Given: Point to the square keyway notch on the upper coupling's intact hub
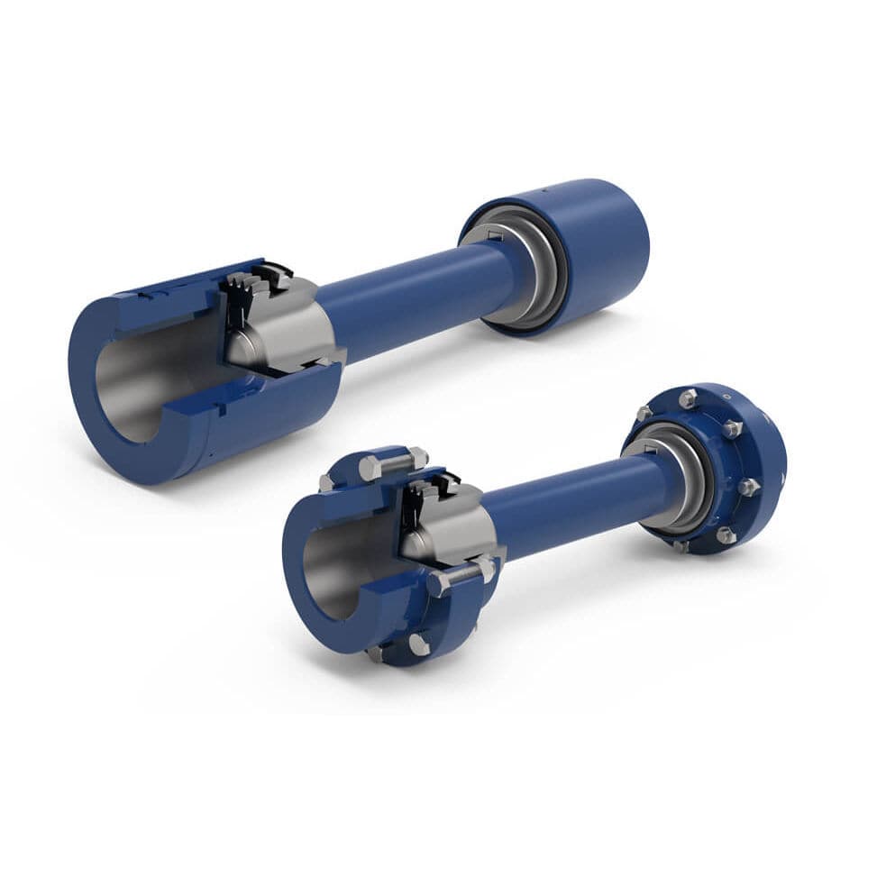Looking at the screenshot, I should pyautogui.click(x=494, y=235).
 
